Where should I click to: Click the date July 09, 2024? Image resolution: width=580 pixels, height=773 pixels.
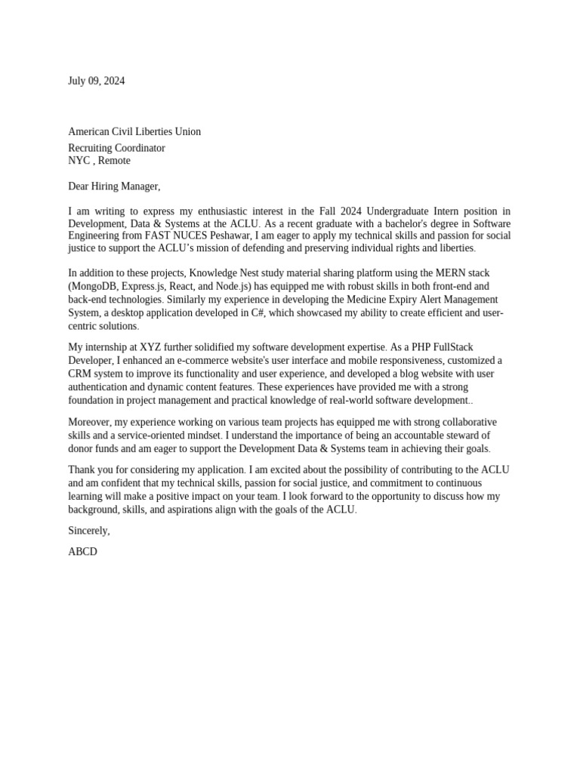(97, 81)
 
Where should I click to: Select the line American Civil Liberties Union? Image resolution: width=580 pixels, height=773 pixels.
(134, 131)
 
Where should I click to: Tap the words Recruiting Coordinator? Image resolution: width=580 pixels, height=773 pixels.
(116, 148)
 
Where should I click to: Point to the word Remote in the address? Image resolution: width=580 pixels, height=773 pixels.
(114, 160)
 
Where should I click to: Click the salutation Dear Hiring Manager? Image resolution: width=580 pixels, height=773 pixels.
(114, 186)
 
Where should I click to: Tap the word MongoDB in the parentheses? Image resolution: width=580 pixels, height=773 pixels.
(97, 286)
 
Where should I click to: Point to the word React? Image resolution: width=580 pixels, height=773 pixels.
(181, 286)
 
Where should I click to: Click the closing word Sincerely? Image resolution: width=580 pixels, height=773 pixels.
(88, 531)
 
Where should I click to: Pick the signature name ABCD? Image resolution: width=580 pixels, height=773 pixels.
(82, 552)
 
